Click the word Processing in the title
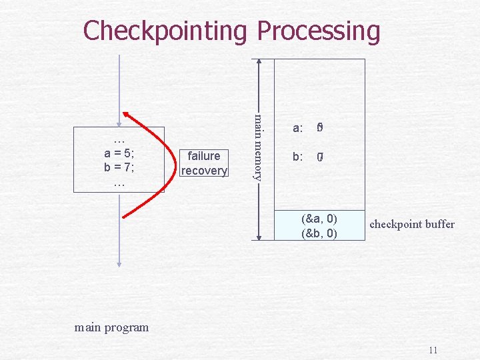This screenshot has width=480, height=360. (318, 31)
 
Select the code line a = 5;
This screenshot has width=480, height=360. (119, 153)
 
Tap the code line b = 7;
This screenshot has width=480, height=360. (119, 167)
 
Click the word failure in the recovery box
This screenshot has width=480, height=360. (204, 156)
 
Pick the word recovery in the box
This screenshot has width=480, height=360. (204, 171)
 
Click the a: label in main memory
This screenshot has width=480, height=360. (298, 128)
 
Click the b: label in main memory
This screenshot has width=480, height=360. (298, 158)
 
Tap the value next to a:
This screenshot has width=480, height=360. (320, 127)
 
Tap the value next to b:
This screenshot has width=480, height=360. (320, 158)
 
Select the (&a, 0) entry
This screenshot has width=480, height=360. (319, 219)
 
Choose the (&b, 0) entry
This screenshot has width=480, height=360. (319, 233)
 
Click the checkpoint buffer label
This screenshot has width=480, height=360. (412, 224)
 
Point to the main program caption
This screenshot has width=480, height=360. (112, 327)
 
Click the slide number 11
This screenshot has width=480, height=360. (433, 350)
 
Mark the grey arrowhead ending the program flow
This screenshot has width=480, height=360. (119, 262)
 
